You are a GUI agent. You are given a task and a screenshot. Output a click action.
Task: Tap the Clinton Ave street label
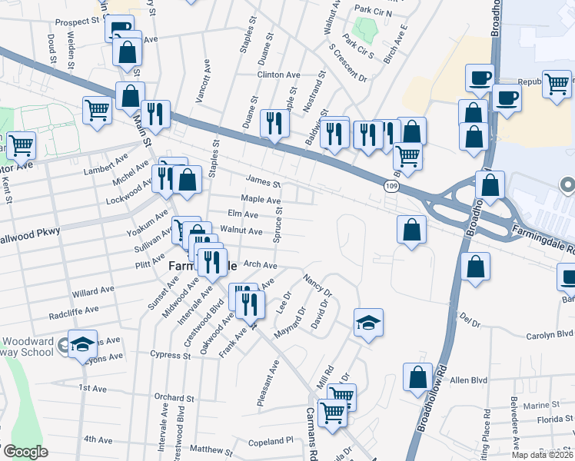pos(278,75)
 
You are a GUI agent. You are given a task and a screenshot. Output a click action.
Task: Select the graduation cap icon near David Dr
pos(368,323)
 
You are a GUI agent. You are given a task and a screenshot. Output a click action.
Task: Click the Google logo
pos(25,452)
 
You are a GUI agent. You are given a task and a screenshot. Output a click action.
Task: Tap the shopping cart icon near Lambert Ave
pos(97,110)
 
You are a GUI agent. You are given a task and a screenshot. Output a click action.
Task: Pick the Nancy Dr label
pos(317,285)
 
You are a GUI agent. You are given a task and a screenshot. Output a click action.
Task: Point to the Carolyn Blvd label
pos(550,334)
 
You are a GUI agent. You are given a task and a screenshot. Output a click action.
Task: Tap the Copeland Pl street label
pos(273,442)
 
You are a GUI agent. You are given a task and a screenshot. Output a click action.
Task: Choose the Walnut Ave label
pos(241,230)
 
